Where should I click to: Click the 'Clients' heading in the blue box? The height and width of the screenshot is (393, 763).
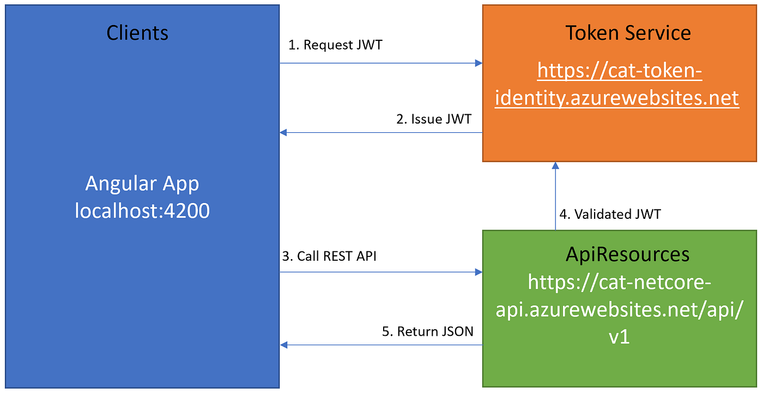pyautogui.click(x=137, y=33)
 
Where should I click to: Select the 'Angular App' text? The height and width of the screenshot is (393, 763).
pyautogui.click(x=142, y=183)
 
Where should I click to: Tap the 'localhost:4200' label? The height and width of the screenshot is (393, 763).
pyautogui.click(x=142, y=211)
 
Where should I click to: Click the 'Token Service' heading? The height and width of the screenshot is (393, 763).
pyautogui.click(x=628, y=33)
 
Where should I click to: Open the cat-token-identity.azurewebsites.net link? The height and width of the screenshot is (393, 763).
pyautogui.click(x=617, y=84)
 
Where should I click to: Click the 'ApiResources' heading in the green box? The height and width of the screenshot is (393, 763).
pyautogui.click(x=628, y=254)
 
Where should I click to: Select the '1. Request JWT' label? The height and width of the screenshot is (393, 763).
pyautogui.click(x=335, y=45)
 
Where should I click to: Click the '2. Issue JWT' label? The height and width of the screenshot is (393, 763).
pyautogui.click(x=433, y=119)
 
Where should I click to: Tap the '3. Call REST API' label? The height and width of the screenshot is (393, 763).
pyautogui.click(x=329, y=256)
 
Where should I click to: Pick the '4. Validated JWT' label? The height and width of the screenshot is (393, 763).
pyautogui.click(x=610, y=214)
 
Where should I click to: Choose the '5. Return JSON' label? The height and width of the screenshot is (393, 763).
pyautogui.click(x=427, y=331)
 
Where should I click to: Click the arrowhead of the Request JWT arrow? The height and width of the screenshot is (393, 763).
pyautogui.click(x=479, y=63)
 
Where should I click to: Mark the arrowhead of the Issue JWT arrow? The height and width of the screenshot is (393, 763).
pyautogui.click(x=283, y=132)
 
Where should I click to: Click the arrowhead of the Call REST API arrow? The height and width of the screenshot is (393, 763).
pyautogui.click(x=479, y=272)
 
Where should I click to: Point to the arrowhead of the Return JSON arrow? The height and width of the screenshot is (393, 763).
pyautogui.click(x=283, y=345)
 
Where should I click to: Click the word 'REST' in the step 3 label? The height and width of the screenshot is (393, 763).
pyautogui.click(x=338, y=256)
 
